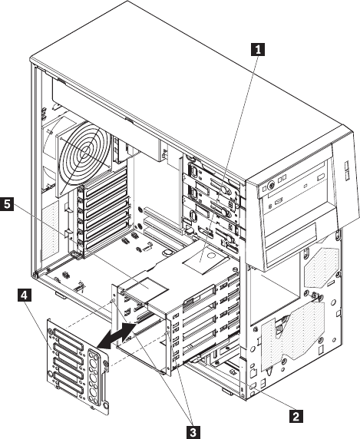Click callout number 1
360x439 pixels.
point(258,50)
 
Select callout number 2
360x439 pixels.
point(296,416)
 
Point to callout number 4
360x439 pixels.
point(25,295)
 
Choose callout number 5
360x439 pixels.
point(7,203)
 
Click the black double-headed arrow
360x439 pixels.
point(117,336)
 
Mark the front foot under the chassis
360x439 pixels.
point(228,391)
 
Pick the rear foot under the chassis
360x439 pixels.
point(61,295)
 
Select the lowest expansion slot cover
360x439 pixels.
point(107,240)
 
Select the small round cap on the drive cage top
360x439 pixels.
point(211,256)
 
